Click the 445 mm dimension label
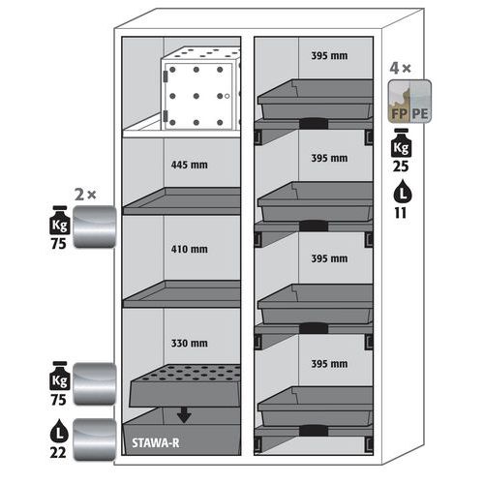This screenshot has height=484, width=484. pos(189,165)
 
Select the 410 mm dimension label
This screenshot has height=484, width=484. pos(189,249)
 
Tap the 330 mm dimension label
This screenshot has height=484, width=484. pos(189,343)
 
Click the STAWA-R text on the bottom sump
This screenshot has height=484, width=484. pos(156,443)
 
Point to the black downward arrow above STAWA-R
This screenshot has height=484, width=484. pos(184,415)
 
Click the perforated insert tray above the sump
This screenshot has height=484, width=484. pos(185,385)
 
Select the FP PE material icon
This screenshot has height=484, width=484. pos(409,102)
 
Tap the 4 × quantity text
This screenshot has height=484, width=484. pos(400,68)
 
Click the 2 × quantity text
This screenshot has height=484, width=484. pos(85,195)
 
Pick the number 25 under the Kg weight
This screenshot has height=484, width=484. pos(401,166)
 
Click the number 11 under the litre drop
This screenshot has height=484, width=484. pos(401,213)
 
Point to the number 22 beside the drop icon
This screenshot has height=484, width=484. pos(58,452)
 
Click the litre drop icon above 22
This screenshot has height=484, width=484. pos(59,431)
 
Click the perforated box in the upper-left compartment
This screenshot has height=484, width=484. pos(200,89)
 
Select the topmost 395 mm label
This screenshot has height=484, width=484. pos(329,56)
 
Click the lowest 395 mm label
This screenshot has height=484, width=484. pos(329,364)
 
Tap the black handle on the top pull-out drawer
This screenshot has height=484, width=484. pos(314,124)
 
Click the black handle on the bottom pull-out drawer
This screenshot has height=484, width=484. pos(314,431)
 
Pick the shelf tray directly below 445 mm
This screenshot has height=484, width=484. pos(182,201)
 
